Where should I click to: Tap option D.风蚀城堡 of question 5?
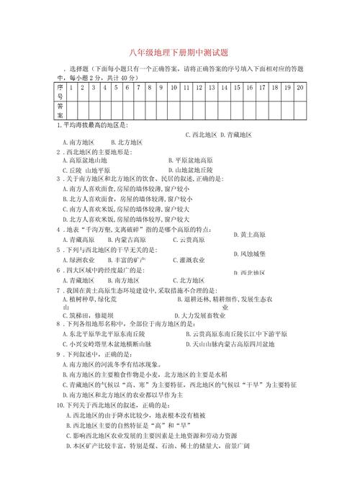[250, 254]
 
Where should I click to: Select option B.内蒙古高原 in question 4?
[127, 239]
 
